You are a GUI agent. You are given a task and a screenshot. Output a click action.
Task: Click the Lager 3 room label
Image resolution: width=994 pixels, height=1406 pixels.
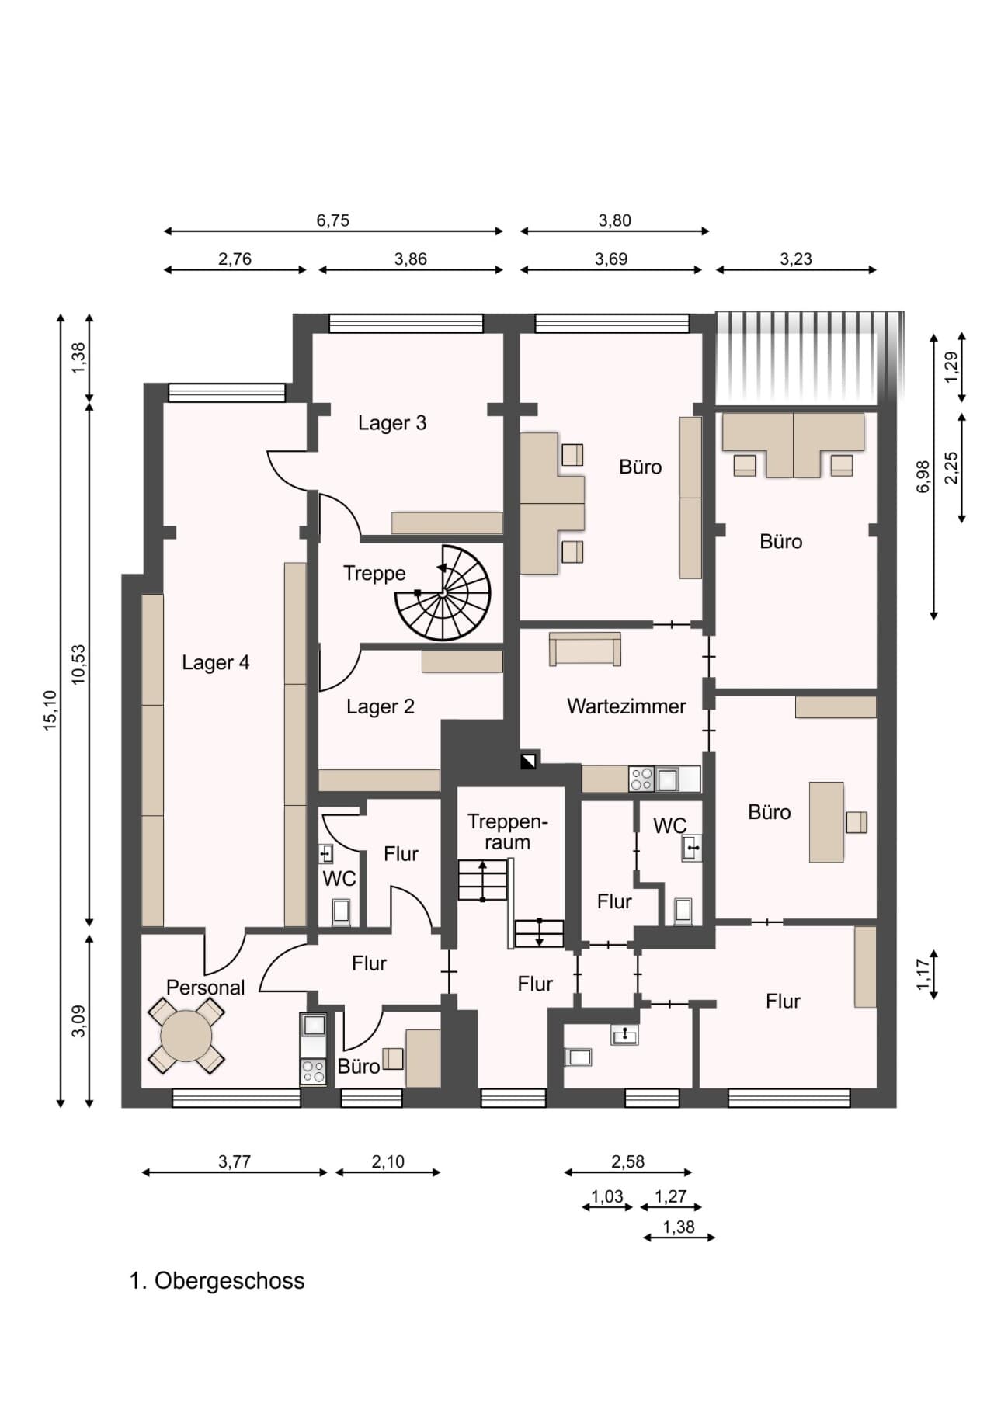pyautogui.click(x=392, y=423)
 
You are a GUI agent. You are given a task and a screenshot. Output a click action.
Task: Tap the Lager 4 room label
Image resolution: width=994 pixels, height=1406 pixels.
pyautogui.click(x=216, y=662)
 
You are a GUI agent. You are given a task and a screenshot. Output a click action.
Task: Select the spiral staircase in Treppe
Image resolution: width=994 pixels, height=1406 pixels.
pyautogui.click(x=443, y=593)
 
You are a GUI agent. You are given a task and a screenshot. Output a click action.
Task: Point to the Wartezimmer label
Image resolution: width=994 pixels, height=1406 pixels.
pyautogui.click(x=627, y=706)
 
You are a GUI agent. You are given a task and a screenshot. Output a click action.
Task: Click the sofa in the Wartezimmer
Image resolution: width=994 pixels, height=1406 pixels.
pyautogui.click(x=585, y=649)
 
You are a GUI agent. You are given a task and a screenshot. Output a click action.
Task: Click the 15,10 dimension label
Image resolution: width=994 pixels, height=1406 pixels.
pyautogui.click(x=50, y=710)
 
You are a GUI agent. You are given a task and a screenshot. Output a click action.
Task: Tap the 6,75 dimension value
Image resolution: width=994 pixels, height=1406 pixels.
pyautogui.click(x=333, y=220)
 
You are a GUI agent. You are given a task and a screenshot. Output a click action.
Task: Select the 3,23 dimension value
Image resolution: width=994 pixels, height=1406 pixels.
pyautogui.click(x=796, y=259)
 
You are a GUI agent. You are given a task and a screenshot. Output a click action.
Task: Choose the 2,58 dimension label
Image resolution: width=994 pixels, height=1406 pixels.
pyautogui.click(x=627, y=1161)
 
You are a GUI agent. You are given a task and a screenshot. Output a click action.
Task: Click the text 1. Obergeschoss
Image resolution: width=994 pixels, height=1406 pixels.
pyautogui.click(x=217, y=1280)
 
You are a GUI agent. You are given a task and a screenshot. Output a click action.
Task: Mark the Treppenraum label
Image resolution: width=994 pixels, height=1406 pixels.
pyautogui.click(x=507, y=831)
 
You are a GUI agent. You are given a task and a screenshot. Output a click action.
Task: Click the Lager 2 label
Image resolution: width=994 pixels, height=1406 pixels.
pyautogui.click(x=381, y=706)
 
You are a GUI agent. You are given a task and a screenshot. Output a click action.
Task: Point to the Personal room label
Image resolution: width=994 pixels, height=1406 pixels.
pyautogui.click(x=206, y=988)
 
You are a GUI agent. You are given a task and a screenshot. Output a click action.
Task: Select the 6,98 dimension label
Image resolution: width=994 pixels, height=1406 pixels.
pyautogui.click(x=923, y=477)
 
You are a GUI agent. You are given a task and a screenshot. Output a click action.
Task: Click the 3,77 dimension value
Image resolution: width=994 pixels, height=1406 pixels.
pyautogui.click(x=235, y=1161)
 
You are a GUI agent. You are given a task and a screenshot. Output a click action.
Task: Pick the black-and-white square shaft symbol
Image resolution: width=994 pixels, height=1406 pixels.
pyautogui.click(x=528, y=761)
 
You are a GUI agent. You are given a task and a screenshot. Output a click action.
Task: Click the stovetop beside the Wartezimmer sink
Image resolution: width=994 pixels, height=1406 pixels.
pyautogui.click(x=641, y=779)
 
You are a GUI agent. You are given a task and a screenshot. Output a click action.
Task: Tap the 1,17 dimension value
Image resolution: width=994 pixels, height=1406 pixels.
pyautogui.click(x=923, y=974)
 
